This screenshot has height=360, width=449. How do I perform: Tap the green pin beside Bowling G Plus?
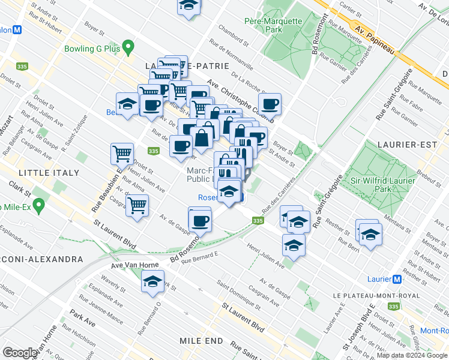point(128,47)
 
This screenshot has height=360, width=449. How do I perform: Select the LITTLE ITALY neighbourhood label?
point(49,173)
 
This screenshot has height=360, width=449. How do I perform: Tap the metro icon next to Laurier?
point(396,279)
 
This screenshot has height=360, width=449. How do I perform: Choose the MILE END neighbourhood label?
point(201,340)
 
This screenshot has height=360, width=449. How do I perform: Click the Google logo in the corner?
point(20,352)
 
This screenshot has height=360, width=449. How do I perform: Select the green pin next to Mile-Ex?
point(39,206)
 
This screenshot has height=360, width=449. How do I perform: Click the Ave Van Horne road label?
point(133,265)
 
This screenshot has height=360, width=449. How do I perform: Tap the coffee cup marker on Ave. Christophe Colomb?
point(270,104)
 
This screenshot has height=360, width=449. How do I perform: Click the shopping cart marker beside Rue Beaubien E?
point(122,154)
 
